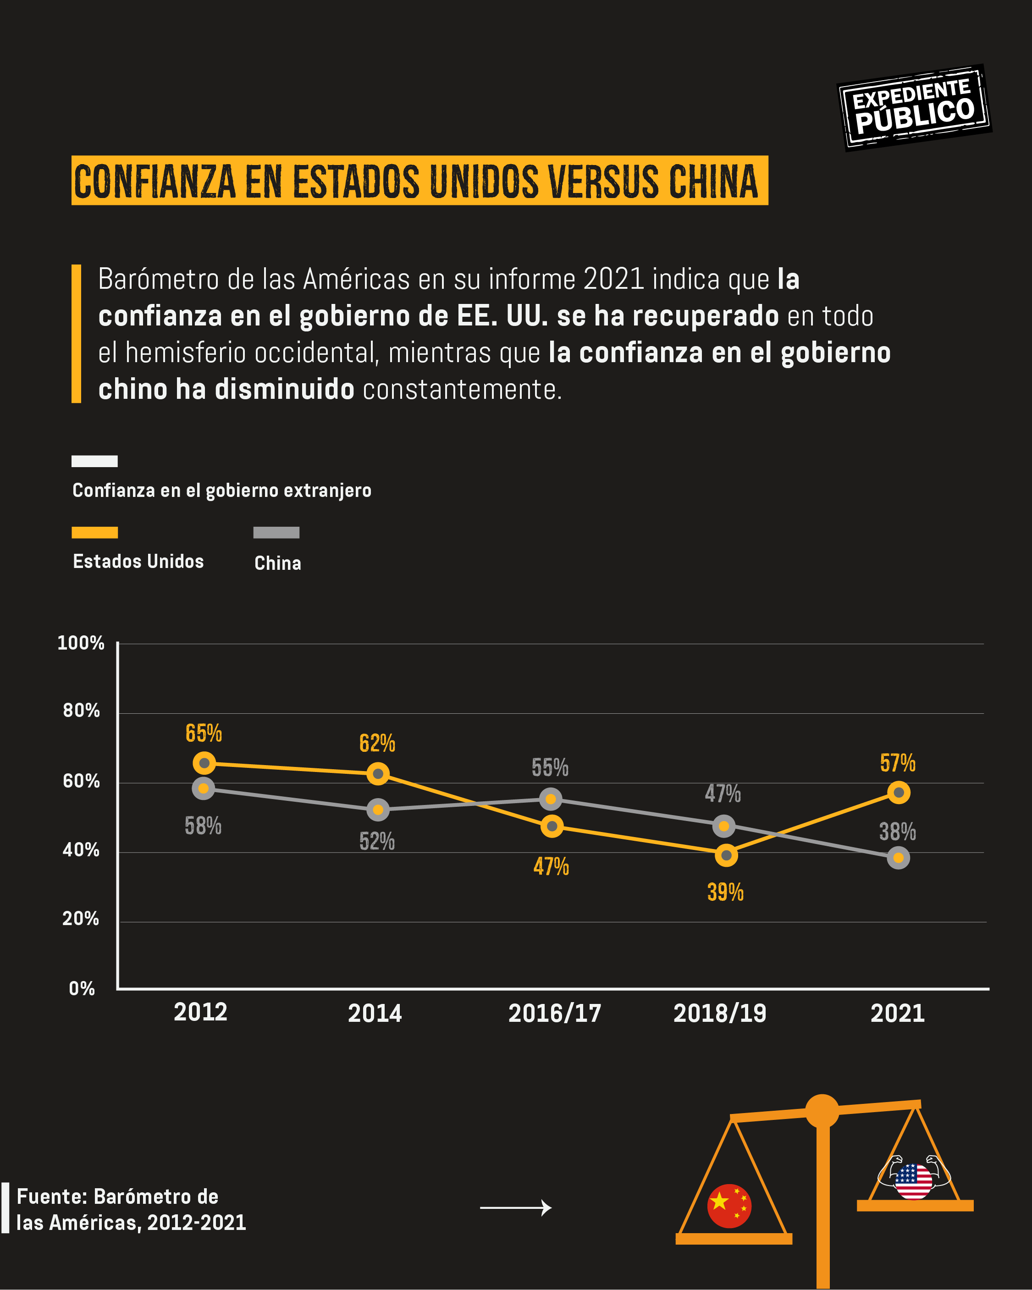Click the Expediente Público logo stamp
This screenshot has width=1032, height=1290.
[x=914, y=108]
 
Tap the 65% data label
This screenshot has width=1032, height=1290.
[x=204, y=733]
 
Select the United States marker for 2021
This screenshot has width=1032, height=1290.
[x=898, y=793]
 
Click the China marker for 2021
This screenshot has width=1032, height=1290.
[x=898, y=858]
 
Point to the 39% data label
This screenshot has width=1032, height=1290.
[x=725, y=892]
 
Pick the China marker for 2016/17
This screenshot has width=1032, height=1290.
[x=551, y=799]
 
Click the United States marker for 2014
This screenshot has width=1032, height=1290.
[x=377, y=774]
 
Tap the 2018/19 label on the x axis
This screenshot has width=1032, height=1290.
[x=720, y=1013]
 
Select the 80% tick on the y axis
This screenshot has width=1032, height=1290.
[x=81, y=711]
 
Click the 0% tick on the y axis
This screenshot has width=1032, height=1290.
[x=82, y=988]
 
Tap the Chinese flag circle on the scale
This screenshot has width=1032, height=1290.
[x=728, y=1206]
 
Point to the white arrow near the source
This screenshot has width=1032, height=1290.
[x=515, y=1207]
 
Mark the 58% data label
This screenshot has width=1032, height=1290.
[x=203, y=826]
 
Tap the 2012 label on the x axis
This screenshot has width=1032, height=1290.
[x=200, y=1012]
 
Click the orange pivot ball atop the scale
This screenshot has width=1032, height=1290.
[x=822, y=1111]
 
